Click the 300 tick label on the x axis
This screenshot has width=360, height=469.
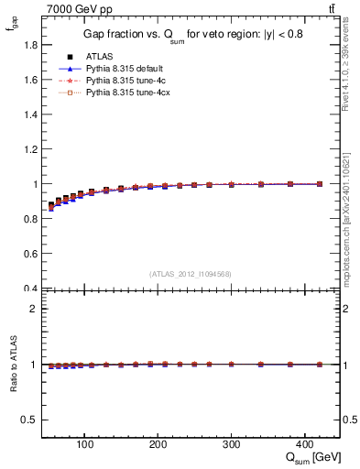click(x=232, y=444)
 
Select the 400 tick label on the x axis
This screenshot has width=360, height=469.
click(x=305, y=444)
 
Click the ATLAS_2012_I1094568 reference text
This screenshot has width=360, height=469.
click(x=191, y=273)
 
